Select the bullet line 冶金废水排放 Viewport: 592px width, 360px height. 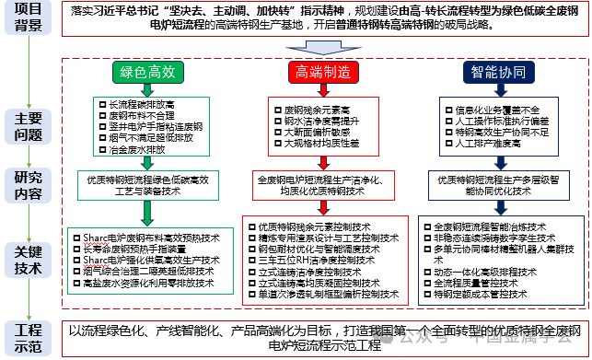click(x=136, y=147)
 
